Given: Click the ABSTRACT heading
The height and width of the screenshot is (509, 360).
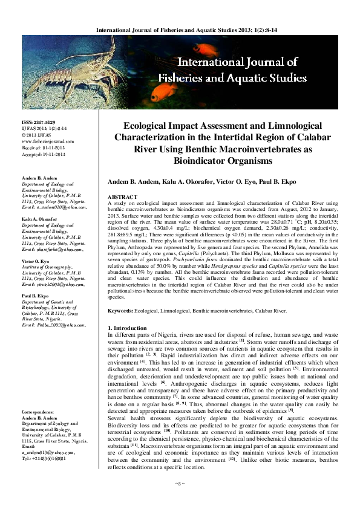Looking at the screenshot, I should [122, 198].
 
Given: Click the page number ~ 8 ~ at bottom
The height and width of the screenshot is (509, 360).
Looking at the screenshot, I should [179, 499].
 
